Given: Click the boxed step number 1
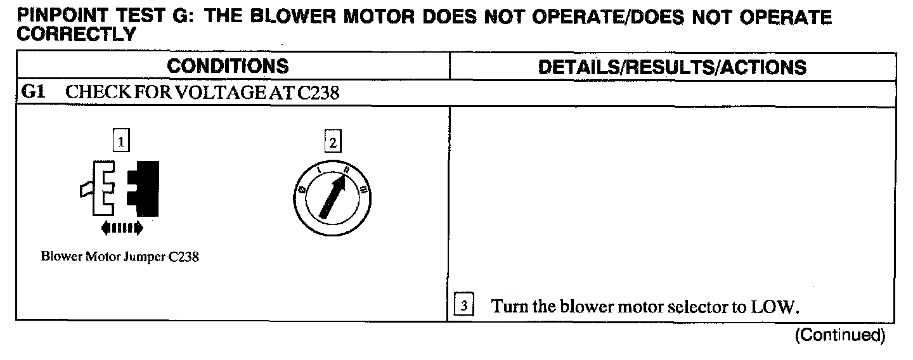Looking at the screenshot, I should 121,140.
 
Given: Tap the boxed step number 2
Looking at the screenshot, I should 332,143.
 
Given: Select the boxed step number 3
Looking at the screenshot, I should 463,307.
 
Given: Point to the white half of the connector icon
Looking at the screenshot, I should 102,187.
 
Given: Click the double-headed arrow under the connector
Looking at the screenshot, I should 122,227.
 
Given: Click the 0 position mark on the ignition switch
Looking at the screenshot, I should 301,190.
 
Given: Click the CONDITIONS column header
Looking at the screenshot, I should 228,66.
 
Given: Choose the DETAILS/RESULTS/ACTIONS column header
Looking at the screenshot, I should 672,67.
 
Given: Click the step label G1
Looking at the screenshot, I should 33,93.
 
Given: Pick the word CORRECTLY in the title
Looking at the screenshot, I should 75,34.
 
